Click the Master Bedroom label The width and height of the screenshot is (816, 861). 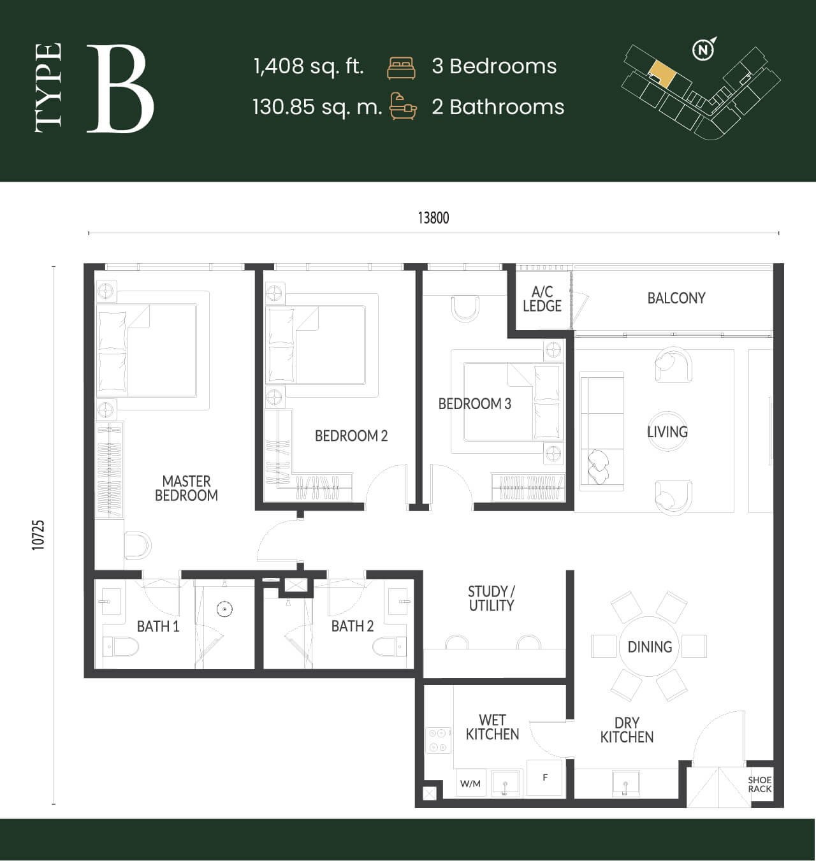pyautogui.click(x=186, y=488)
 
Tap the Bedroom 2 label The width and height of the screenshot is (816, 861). pyautogui.click(x=351, y=436)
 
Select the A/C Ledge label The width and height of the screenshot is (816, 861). pyautogui.click(x=542, y=299)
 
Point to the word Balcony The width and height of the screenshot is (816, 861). pyautogui.click(x=676, y=298)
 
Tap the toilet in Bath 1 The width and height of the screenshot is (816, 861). pyautogui.click(x=120, y=647)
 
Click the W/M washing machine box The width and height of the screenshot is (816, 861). pyautogui.click(x=470, y=783)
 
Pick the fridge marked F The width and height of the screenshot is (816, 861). pyautogui.click(x=544, y=778)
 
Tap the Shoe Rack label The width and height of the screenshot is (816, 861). pyautogui.click(x=759, y=785)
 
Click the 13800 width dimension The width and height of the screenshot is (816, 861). pyautogui.click(x=433, y=218)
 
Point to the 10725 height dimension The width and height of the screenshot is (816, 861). pyautogui.click(x=38, y=535)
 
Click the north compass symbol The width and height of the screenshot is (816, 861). pyautogui.click(x=704, y=50)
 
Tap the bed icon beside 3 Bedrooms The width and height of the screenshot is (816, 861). pyautogui.click(x=401, y=68)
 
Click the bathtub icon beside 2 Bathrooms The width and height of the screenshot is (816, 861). pyautogui.click(x=403, y=106)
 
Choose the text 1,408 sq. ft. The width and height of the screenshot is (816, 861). pyautogui.click(x=309, y=66)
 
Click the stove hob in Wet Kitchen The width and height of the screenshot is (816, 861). pyautogui.click(x=438, y=740)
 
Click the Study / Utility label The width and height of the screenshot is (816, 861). pyautogui.click(x=492, y=598)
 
